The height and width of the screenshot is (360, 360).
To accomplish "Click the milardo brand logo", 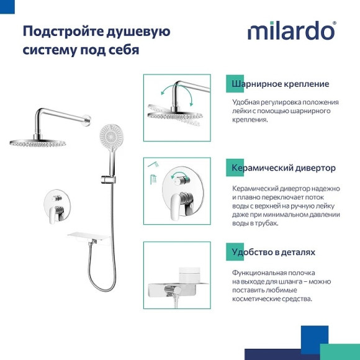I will [292, 30].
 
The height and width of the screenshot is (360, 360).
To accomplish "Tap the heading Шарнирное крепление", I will [280, 84].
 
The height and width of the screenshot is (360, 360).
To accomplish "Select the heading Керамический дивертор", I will [283, 168].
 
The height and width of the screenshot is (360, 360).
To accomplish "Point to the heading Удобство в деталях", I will [273, 252].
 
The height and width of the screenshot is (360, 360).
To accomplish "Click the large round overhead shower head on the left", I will [37, 142].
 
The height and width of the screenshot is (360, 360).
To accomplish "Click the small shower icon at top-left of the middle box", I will [152, 164].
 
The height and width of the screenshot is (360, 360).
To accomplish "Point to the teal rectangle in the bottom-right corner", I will [340, 351].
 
